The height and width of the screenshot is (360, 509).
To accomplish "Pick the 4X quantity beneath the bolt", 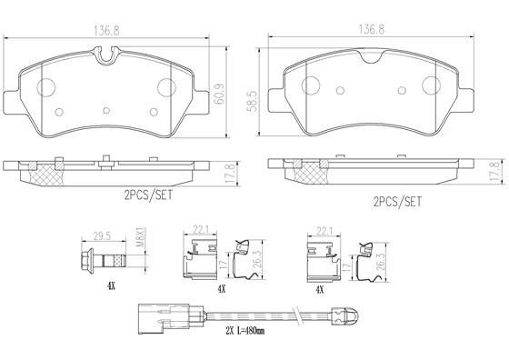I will (109, 285).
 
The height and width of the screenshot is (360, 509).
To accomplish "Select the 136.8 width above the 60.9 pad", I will (108, 29).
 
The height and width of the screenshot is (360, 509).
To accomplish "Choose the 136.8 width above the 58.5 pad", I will (373, 29).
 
